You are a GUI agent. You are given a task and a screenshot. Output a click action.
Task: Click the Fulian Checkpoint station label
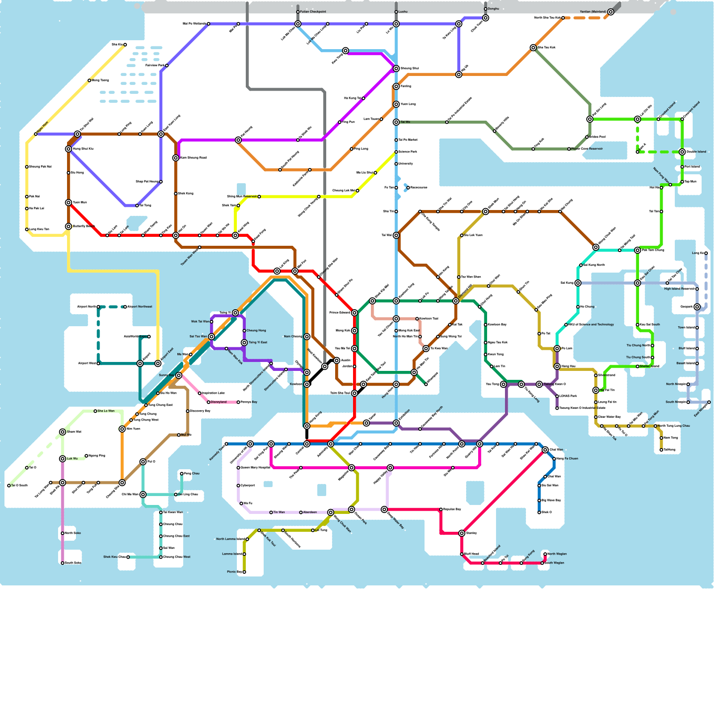(313, 12)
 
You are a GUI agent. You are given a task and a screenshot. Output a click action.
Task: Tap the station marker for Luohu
(396, 12)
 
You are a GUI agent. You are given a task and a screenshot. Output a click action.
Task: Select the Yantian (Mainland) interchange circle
(610, 12)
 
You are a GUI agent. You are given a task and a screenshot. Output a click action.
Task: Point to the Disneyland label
(219, 402)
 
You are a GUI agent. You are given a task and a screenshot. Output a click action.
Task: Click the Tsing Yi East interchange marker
(244, 343)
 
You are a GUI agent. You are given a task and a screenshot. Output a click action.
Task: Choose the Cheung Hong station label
(256, 331)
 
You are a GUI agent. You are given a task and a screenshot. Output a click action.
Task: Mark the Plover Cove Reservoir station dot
(569, 149)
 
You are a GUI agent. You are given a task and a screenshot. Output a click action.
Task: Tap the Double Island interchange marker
(682, 152)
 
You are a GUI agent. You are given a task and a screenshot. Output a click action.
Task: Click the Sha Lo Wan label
(106, 411)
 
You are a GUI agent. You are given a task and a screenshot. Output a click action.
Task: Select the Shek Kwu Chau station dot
(128, 557)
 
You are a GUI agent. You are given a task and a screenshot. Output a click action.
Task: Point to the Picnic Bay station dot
(244, 572)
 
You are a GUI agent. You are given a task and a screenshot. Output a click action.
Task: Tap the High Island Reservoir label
(679, 289)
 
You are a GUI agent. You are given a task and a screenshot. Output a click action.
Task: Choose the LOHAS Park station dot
(557, 396)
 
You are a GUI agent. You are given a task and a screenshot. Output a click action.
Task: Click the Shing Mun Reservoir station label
(242, 197)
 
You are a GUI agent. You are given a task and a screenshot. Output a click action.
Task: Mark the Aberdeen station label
(310, 513)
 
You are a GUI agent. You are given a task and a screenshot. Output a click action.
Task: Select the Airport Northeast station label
(139, 307)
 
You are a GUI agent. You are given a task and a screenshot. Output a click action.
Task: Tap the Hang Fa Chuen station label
(567, 458)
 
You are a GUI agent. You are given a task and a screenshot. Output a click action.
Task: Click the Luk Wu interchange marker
(63, 459)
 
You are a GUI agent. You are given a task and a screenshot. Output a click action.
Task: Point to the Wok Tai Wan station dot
(211, 322)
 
